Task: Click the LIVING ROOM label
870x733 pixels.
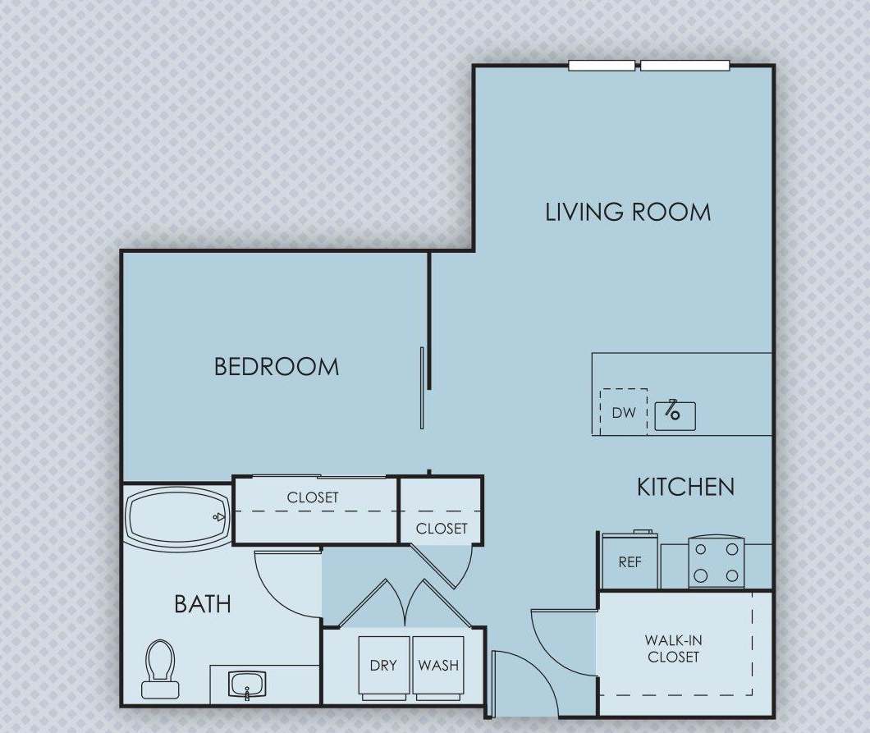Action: click(x=628, y=212)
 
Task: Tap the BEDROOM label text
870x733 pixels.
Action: click(x=277, y=366)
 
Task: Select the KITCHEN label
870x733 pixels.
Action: click(x=685, y=487)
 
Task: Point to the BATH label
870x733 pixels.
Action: click(x=202, y=604)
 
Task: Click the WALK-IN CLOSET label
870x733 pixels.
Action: click(x=673, y=648)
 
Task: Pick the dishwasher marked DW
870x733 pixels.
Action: click(x=624, y=413)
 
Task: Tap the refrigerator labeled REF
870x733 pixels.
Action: click(x=630, y=562)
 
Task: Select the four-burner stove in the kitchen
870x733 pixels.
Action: click(x=716, y=562)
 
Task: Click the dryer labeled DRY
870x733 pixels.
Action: click(x=383, y=666)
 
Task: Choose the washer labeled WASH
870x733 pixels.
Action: click(x=438, y=666)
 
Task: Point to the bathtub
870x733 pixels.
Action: click(x=176, y=516)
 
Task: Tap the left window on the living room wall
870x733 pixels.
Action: click(x=602, y=66)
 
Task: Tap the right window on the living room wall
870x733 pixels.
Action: click(x=685, y=66)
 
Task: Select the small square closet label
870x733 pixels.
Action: click(x=442, y=529)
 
